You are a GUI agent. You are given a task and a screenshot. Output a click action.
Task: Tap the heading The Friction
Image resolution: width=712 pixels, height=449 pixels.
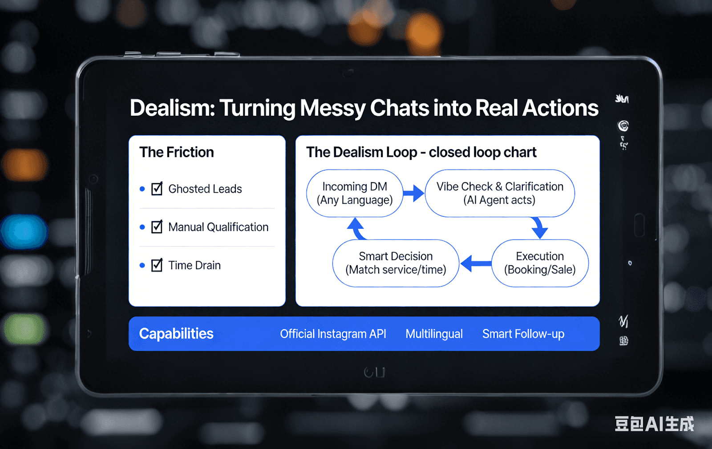pyautogui.click(x=177, y=152)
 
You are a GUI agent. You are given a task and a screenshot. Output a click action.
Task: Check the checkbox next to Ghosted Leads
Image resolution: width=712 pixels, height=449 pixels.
pyautogui.click(x=157, y=189)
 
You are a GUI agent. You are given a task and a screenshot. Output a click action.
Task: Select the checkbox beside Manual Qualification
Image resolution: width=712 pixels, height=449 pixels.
pyautogui.click(x=157, y=227)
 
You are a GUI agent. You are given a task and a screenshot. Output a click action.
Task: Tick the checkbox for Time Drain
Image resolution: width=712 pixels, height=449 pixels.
pyautogui.click(x=157, y=265)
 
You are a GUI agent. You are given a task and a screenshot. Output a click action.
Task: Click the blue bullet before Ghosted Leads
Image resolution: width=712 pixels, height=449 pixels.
pyautogui.click(x=142, y=189)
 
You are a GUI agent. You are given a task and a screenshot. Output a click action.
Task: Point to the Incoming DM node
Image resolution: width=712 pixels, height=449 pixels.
pyautogui.click(x=355, y=193)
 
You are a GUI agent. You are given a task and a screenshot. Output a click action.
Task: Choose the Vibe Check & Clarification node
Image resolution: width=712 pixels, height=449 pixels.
pyautogui.click(x=500, y=193)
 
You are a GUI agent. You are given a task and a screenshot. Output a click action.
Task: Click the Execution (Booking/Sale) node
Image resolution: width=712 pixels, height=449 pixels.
pyautogui.click(x=540, y=263)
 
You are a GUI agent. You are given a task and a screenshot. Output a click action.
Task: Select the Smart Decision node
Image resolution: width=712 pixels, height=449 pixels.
pyautogui.click(x=396, y=263)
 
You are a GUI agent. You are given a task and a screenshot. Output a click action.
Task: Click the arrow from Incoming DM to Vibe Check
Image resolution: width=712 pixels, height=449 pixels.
pyautogui.click(x=414, y=193)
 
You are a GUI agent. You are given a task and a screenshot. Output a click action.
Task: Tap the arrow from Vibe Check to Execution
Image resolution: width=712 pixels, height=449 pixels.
pyautogui.click(x=539, y=227)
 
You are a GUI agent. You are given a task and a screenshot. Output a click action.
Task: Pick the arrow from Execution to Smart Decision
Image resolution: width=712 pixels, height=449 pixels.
pyautogui.click(x=475, y=263)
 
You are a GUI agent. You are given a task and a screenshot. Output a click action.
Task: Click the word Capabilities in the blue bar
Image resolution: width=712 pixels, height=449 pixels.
pyautogui.click(x=176, y=334)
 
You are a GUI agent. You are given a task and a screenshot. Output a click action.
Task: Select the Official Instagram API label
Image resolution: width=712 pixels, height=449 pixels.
pyautogui.click(x=333, y=334)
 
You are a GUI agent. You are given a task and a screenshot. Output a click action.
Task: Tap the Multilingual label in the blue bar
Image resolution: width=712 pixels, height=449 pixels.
pyautogui.click(x=434, y=334)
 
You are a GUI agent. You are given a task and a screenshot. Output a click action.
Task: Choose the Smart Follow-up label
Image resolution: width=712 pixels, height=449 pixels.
pyautogui.click(x=523, y=334)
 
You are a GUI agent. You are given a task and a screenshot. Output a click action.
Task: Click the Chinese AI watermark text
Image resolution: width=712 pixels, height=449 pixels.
pyautogui.click(x=654, y=424)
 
